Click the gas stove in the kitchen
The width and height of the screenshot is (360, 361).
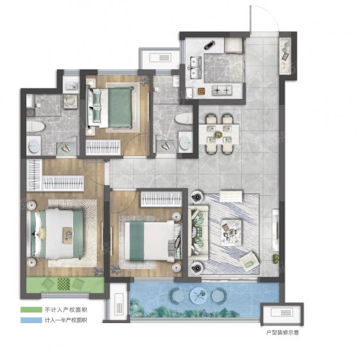click(x=222, y=90)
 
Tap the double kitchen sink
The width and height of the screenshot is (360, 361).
click(x=196, y=67)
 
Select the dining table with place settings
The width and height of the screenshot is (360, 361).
click(x=219, y=134)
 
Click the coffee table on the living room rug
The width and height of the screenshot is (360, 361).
click(x=231, y=232)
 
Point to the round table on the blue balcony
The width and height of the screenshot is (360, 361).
click(x=198, y=295)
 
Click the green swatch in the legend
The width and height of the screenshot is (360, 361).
click(x=31, y=310)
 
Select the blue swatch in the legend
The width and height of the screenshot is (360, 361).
click(x=31, y=320)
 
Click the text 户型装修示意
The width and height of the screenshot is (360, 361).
click(x=282, y=333)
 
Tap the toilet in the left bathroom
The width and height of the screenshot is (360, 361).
click(x=35, y=127)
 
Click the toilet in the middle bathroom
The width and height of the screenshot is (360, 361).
click(x=184, y=119)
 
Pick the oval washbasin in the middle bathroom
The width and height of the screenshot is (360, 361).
click(x=185, y=142)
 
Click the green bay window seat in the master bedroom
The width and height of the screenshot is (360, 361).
click(x=65, y=285)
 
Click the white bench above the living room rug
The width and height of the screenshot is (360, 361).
click(x=231, y=196)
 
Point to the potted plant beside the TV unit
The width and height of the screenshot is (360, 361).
click(x=275, y=259)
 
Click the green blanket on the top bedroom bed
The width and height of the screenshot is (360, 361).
click(x=120, y=107)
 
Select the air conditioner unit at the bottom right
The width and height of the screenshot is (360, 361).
click(x=282, y=313)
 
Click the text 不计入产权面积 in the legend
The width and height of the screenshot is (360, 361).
click(x=66, y=310)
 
